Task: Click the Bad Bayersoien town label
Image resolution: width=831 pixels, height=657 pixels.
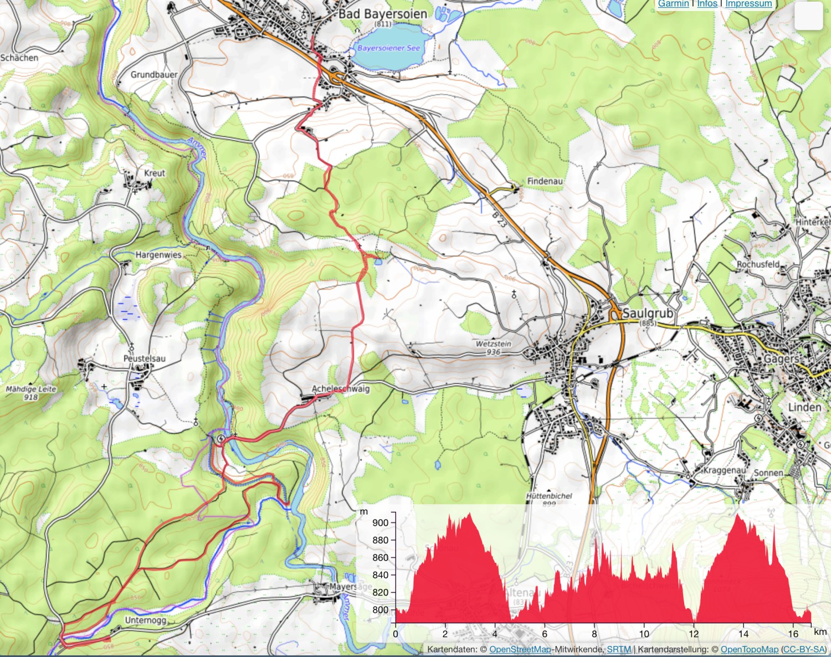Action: coord(382,14)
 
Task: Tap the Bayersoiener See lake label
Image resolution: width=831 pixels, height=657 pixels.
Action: coord(388,48)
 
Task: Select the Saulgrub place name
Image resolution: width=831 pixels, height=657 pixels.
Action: coord(648,314)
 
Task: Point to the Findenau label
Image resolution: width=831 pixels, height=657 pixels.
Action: coord(545,181)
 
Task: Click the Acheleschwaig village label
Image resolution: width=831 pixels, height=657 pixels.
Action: coord(340,389)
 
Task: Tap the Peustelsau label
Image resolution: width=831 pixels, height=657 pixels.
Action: coord(144,358)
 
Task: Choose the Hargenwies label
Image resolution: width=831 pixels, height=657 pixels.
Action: coord(158,255)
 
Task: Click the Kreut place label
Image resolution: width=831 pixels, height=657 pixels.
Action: coord(155,173)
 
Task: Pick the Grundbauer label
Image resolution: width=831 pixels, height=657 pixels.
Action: coord(154,74)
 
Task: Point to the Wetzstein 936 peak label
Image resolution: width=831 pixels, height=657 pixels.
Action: coord(493,347)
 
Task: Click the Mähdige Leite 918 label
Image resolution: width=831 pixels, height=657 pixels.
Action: coord(31,393)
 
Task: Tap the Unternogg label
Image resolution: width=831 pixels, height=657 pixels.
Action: coord(145,620)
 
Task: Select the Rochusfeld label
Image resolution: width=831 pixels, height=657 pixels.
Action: coord(758,264)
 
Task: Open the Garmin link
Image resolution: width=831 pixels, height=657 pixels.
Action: coord(673,4)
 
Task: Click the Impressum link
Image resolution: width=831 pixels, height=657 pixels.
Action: coord(748,4)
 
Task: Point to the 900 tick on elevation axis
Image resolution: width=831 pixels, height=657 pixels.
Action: coord(381,522)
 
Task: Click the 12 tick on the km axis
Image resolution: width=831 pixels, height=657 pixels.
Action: coord(694,634)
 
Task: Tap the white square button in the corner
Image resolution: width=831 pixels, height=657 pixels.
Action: coord(808,16)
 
